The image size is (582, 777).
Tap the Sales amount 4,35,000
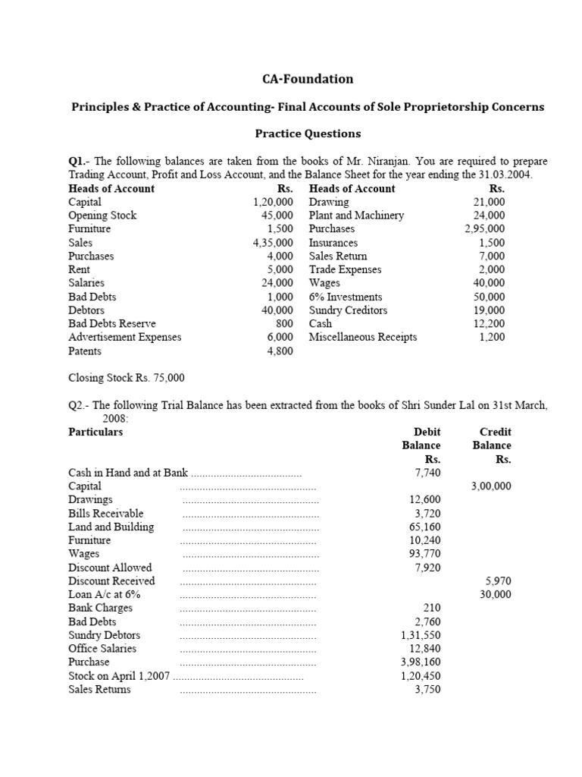pos(273,243)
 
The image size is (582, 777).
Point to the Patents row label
pos(85,351)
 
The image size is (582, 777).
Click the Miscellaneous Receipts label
pos(362,337)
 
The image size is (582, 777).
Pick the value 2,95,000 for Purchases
pos(485,229)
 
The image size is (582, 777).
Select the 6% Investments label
pos(346,297)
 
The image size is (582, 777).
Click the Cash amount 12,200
pos(490,324)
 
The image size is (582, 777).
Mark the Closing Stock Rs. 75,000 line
pos(127,378)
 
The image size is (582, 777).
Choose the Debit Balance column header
pos(421,439)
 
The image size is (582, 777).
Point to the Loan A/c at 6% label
pos(100,595)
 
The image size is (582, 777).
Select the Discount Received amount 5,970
pos(497,581)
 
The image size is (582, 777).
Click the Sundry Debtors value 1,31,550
pos(421,635)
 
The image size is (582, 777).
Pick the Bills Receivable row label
pos(105,513)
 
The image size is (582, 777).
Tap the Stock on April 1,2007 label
pos(119,675)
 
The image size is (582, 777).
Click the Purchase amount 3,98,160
pos(421,662)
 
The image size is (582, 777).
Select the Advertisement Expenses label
pos(125,337)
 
